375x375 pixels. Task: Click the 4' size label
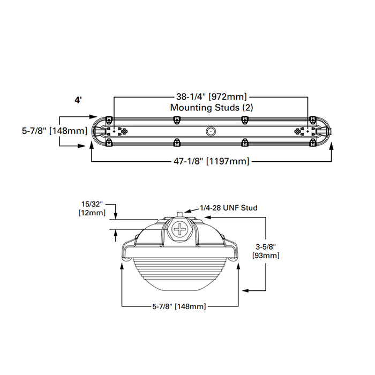pos(78,100)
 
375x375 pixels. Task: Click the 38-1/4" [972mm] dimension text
pos(211,97)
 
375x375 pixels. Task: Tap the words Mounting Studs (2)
pos(211,107)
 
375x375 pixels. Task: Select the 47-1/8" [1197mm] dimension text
pos(212,161)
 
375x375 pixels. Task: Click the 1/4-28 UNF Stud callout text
pos(229,207)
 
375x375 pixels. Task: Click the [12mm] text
pos(92,214)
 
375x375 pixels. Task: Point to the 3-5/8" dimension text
pos(266,247)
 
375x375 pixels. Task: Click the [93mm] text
pos(266,256)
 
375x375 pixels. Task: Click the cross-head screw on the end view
pos(180,231)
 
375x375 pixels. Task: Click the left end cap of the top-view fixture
pos(98,131)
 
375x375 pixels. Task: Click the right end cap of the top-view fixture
pos(325,131)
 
